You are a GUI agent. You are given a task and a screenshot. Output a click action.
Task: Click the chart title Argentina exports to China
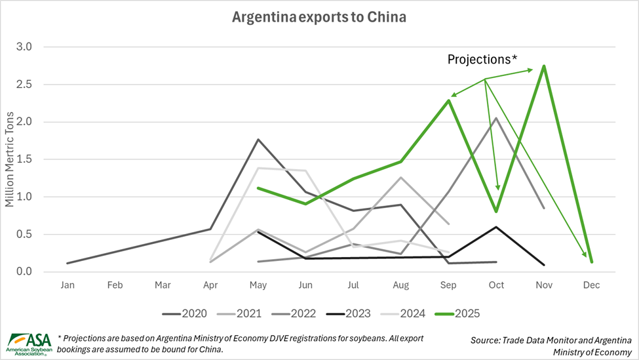tap(319, 17)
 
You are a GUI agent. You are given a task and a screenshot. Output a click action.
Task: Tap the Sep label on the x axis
tap(448, 285)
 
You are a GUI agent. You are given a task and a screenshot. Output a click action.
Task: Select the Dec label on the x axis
tap(591, 285)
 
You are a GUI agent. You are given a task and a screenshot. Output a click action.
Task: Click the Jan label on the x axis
tap(68, 285)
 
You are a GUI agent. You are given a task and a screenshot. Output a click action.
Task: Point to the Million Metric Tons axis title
tap(10, 159)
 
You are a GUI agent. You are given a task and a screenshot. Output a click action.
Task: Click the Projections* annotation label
tap(482, 60)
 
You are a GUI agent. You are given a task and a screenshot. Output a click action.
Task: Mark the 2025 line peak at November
tap(544, 66)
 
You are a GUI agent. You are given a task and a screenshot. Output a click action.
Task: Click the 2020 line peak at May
tap(258, 140)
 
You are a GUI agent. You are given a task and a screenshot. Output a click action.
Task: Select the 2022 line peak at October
tap(496, 118)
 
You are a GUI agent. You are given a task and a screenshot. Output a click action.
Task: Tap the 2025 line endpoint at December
tap(591, 262)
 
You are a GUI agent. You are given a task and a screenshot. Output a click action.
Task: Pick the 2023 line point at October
tap(496, 227)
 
